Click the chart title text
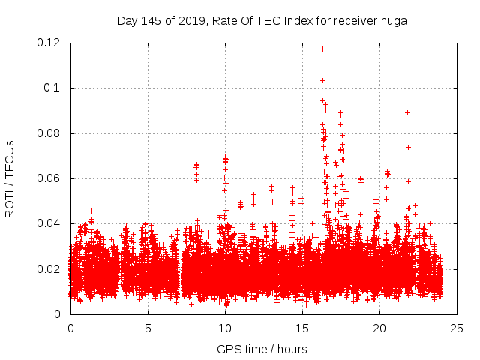[x=262, y=21]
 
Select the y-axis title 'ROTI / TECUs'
[x=10, y=178]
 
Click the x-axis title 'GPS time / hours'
[x=262, y=349]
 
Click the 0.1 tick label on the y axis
[x=55, y=88]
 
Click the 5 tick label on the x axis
[x=148, y=328]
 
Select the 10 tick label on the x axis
[x=225, y=328]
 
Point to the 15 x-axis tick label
[x=302, y=328]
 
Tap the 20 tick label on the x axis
[x=379, y=328]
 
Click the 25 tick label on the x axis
[x=457, y=328]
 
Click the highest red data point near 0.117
[x=322, y=49]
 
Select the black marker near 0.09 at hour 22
[x=407, y=112]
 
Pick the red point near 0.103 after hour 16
[x=322, y=80]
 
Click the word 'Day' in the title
[x=127, y=21]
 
